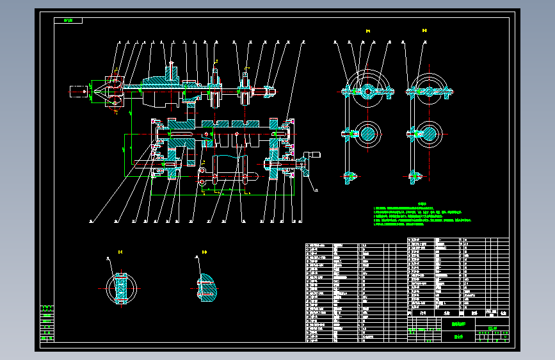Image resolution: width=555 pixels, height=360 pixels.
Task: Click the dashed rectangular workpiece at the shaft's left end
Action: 78,92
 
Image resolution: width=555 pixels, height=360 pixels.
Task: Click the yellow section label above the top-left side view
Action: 368,31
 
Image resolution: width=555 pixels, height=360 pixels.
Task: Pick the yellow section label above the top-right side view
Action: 425,31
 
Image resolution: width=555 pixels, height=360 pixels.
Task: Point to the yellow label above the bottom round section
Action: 119,252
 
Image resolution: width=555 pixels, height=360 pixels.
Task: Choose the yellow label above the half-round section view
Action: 204,252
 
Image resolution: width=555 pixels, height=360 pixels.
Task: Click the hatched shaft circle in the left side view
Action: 369,134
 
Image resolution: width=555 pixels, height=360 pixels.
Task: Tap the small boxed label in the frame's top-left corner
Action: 68,20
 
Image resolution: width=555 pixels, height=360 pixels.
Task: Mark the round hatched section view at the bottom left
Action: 120,288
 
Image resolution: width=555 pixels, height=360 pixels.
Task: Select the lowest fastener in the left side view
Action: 350,176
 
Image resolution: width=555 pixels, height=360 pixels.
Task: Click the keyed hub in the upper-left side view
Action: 369,92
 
